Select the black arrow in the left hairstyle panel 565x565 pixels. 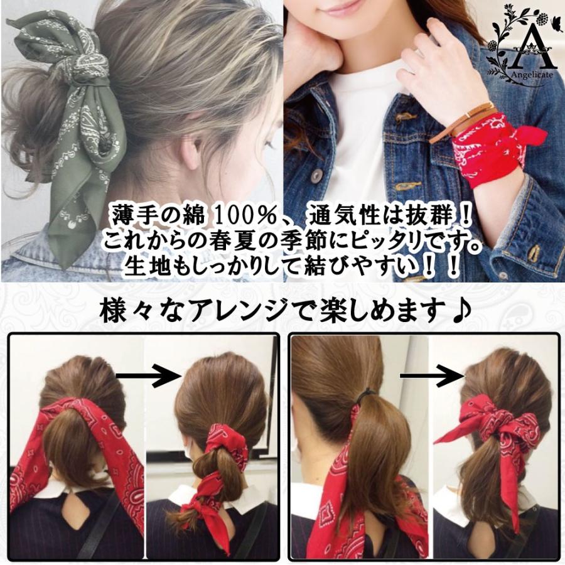click(x=148, y=376)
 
